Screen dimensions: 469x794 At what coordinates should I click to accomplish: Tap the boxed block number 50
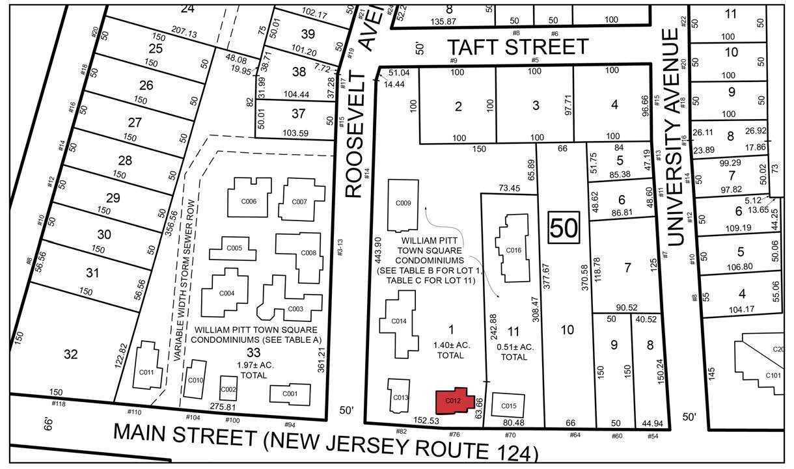click(564, 228)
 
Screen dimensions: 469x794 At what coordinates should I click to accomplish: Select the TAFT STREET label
click(517, 47)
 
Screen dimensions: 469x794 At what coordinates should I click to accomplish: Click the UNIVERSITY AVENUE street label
click(678, 137)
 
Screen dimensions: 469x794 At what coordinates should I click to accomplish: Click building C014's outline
click(399, 321)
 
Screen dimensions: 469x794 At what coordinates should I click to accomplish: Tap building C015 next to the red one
click(508, 406)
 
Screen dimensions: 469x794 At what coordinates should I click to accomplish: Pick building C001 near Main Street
click(290, 393)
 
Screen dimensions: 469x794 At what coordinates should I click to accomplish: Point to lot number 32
click(71, 354)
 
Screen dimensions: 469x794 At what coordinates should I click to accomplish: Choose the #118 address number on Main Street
click(59, 404)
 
